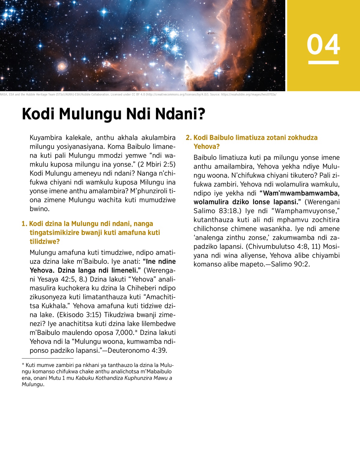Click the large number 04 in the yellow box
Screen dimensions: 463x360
coord(323,44)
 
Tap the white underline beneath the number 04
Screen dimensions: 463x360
coord(323,62)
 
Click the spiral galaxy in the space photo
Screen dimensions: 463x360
coord(62,66)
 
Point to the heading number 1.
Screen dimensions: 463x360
coord(24,224)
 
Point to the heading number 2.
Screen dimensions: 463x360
coord(188,138)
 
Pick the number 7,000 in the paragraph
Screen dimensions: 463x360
coord(124,332)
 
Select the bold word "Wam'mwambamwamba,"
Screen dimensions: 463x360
coord(301,193)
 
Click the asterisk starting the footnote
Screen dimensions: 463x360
coord(23,365)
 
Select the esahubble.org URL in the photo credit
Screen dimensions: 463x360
coord(249,95)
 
